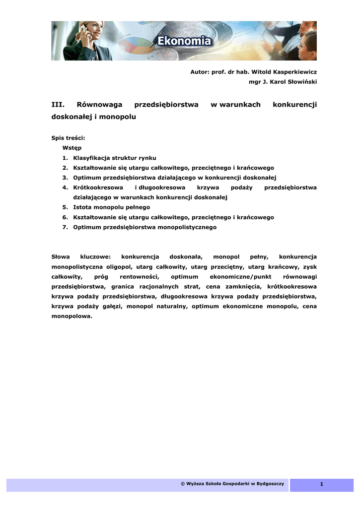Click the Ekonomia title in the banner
click(x=185, y=41)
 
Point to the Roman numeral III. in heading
click(x=59, y=105)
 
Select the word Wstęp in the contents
click(x=72, y=148)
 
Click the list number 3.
click(x=65, y=178)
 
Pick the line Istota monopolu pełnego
click(x=111, y=207)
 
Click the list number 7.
click(x=65, y=227)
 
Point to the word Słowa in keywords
click(x=61, y=257)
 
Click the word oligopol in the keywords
click(x=118, y=267)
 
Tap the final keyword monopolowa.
click(x=72, y=317)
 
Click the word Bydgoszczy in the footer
click(x=269, y=484)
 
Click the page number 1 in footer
click(x=321, y=485)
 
